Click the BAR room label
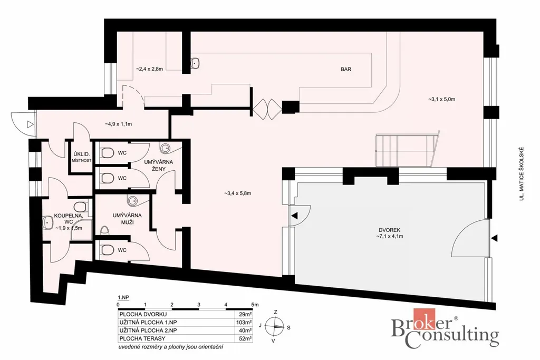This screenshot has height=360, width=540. pyautogui.click(x=346, y=69)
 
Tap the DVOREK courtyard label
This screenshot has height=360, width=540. pyautogui.click(x=390, y=230)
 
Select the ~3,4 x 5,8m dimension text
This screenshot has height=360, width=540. pyautogui.click(x=237, y=193)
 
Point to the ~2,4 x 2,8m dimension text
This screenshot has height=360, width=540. pyautogui.click(x=149, y=69)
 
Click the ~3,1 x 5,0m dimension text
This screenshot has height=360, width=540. pyautogui.click(x=441, y=99)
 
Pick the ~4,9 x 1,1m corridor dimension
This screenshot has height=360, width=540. pyautogui.click(x=118, y=124)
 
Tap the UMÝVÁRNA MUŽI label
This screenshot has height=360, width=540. pyautogui.click(x=127, y=219)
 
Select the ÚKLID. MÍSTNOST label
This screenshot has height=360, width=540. pyautogui.click(x=82, y=157)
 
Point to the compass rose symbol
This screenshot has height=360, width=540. pyautogui.click(x=275, y=326)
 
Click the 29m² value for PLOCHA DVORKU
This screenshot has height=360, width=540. pyautogui.click(x=245, y=314)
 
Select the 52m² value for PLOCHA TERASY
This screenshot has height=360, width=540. pyautogui.click(x=245, y=338)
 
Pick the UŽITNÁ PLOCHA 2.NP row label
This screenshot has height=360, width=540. pyautogui.click(x=148, y=330)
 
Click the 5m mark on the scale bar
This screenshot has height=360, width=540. pyautogui.click(x=255, y=305)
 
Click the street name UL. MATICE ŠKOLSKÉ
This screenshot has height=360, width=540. pyautogui.click(x=522, y=174)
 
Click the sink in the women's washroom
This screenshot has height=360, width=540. pyautogui.click(x=165, y=148)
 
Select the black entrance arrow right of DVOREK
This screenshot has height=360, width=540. pyautogui.click(x=495, y=238)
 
